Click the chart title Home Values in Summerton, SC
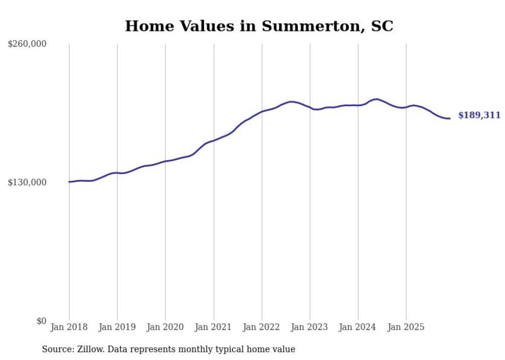coord(259,26)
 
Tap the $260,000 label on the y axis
coord(27,44)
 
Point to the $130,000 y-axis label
coord(27,182)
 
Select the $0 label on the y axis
coord(41,321)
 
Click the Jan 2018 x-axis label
coord(69,327)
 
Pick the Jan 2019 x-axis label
coord(117,327)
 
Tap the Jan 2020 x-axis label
coord(165,327)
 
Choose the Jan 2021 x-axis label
coord(213,327)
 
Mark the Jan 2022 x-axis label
coord(262,327)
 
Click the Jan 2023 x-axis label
coord(310,327)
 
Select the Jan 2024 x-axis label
coord(358,327)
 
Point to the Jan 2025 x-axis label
coord(406,327)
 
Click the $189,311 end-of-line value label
coord(479,115)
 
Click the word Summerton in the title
coord(306,26)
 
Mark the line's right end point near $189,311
coord(450,118)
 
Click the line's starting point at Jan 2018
coord(69,182)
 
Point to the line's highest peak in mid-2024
coord(376,99)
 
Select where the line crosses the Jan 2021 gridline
coord(213,140)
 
